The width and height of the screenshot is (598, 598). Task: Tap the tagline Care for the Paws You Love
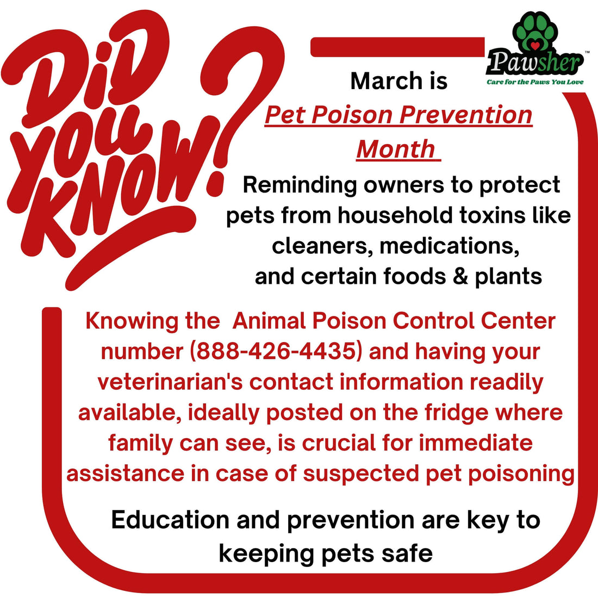click(535, 82)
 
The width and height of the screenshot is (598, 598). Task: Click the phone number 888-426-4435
click(275, 351)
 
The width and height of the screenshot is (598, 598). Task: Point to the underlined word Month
click(396, 149)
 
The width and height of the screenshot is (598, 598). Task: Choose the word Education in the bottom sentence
click(170, 520)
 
